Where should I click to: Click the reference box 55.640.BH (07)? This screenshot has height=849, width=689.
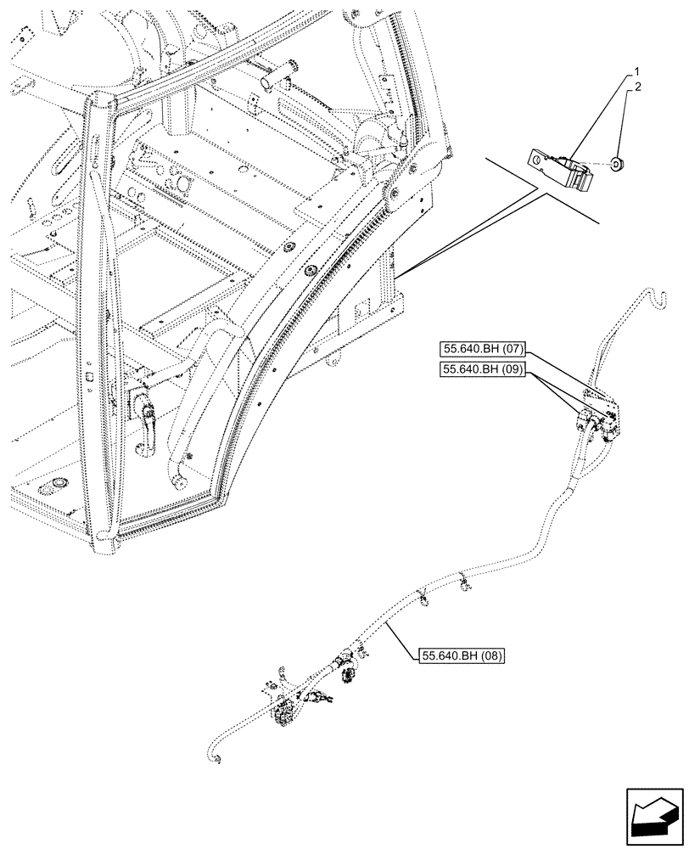point(482,349)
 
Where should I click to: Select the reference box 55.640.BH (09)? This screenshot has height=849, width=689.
point(482,368)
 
